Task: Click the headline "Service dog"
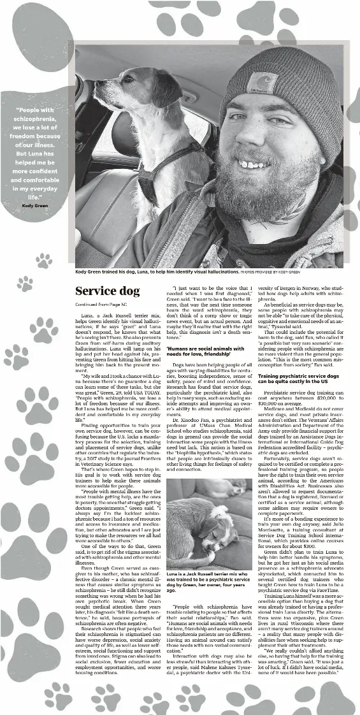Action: click(x=107, y=291)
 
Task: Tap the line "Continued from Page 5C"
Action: click(x=102, y=305)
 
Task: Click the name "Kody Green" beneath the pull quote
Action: click(x=35, y=205)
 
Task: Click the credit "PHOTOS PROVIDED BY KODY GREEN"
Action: click(x=270, y=271)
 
